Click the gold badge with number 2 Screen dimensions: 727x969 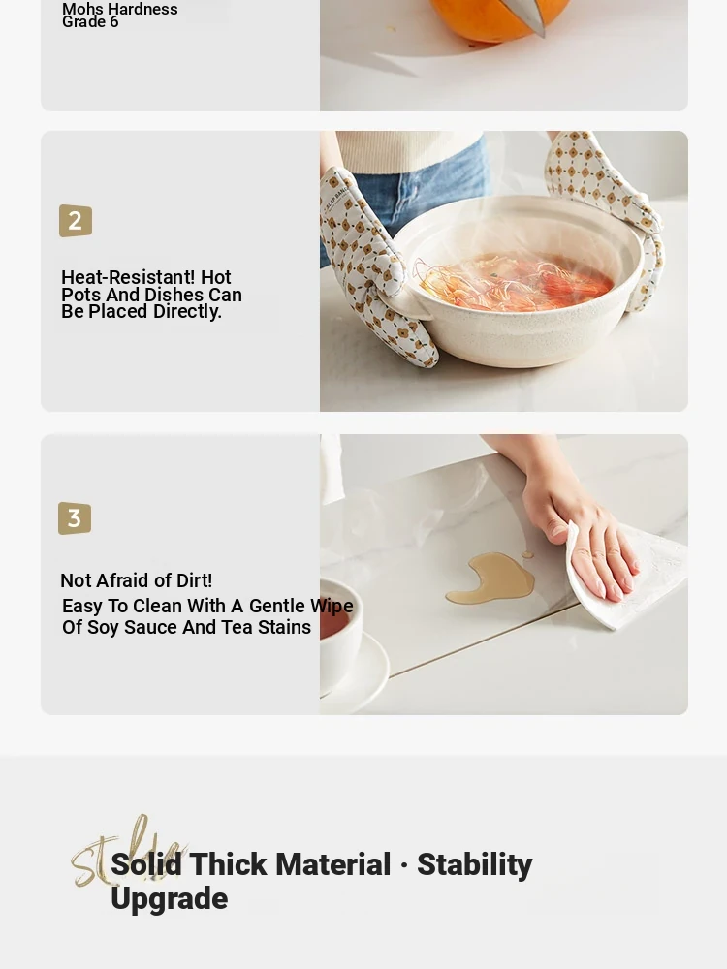76,221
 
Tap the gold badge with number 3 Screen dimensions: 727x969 75,517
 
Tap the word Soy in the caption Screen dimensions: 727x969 104,628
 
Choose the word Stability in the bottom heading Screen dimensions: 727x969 474,864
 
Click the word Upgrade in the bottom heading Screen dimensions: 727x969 170,899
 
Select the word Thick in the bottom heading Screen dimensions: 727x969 228,864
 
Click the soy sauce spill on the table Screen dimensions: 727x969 490,578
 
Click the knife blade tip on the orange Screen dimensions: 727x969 543,35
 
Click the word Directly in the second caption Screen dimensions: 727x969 187,312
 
